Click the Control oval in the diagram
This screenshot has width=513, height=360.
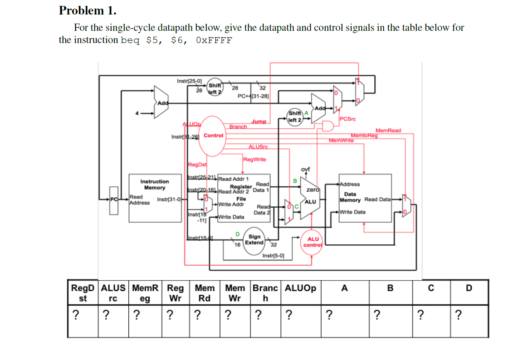point(213,135)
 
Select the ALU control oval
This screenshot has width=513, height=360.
point(313,242)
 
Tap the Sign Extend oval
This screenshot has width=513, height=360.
point(254,239)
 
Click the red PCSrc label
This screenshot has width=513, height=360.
point(347,119)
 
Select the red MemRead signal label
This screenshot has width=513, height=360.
point(388,131)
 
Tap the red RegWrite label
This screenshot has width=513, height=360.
point(254,159)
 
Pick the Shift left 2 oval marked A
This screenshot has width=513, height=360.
point(295,117)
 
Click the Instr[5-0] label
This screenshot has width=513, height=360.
point(274,256)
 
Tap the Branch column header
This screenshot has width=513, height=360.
point(265,292)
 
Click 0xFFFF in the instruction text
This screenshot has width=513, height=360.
point(214,40)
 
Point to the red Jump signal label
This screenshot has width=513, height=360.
point(259,122)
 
